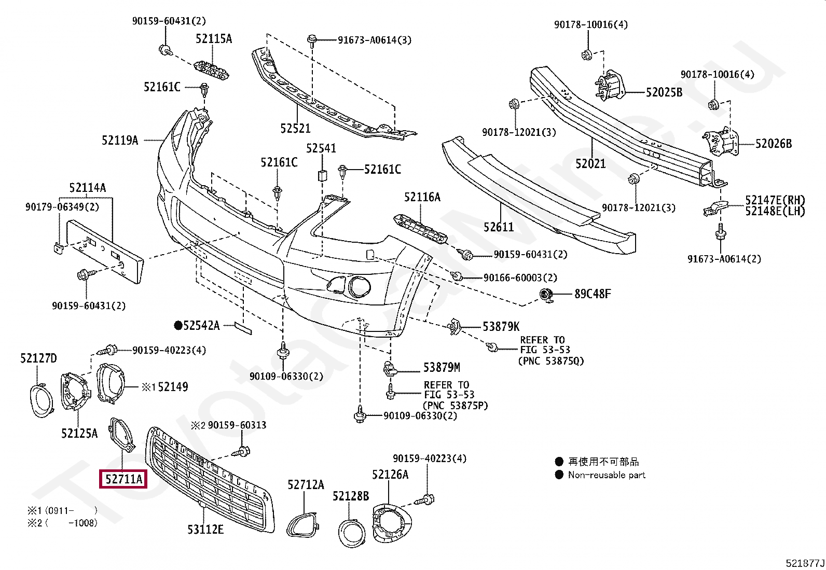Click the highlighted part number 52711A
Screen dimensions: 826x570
tap(123, 479)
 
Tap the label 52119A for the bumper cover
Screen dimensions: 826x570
tap(120, 140)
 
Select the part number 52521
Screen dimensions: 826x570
tap(295, 128)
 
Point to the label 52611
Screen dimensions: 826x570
tap(499, 227)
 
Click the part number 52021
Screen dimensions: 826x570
tap(590, 163)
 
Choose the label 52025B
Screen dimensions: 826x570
tap(664, 92)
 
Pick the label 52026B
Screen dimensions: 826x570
tap(774, 144)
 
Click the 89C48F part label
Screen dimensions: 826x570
tap(593, 294)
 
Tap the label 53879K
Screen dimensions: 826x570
tap(501, 326)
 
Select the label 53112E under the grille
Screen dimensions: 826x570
tap(205, 530)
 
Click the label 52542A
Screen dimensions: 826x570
tap(197, 326)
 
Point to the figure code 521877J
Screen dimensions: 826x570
tap(805, 563)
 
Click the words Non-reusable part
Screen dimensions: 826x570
tap(607, 475)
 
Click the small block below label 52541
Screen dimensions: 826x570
tap(322, 175)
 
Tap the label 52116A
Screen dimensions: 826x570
tap(422, 197)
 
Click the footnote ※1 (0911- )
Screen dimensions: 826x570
tap(62, 511)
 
